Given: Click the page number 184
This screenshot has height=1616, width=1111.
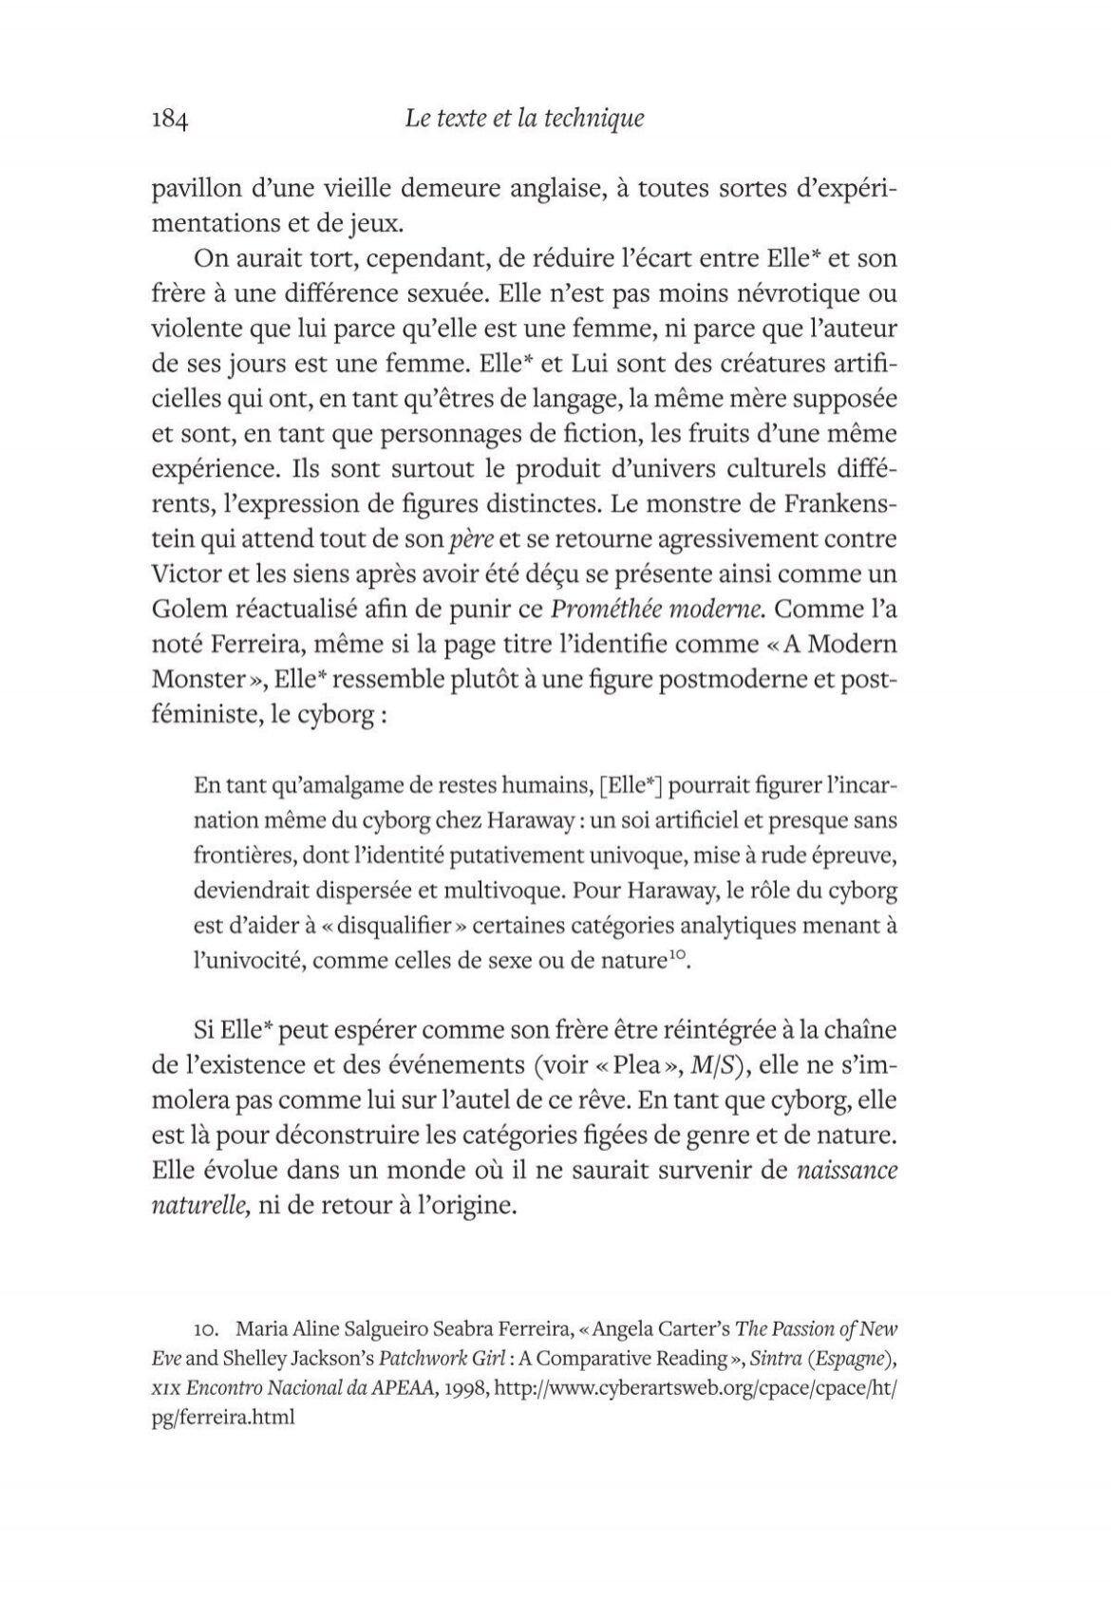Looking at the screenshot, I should tap(172, 120).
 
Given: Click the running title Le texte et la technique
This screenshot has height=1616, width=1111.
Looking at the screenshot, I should tap(524, 119).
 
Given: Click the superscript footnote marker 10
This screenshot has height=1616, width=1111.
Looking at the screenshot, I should tap(675, 957).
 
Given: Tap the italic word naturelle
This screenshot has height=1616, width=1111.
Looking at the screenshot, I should tap(200, 1207).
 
